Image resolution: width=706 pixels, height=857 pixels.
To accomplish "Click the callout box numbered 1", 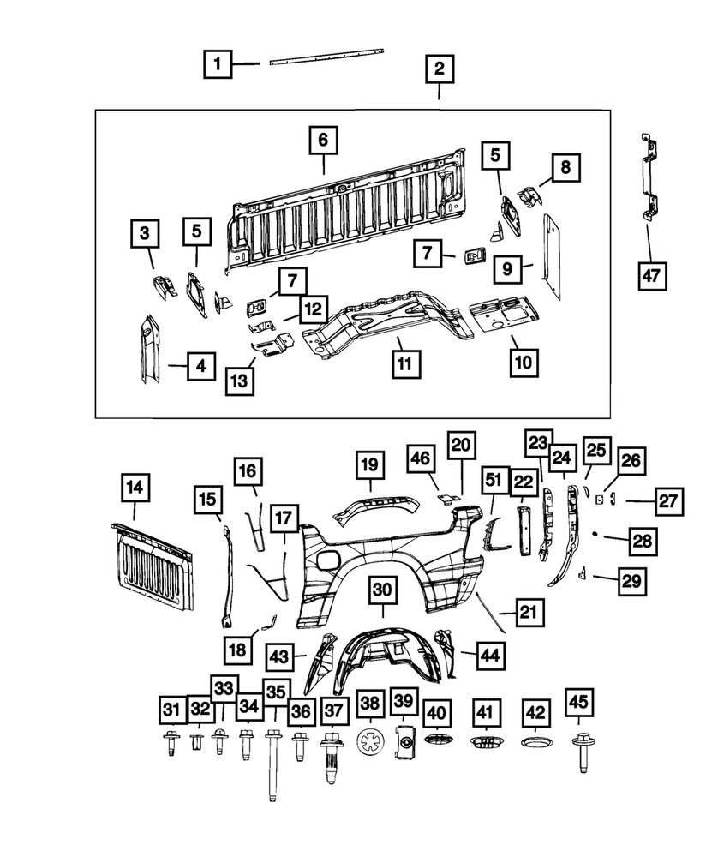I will (x=218, y=63).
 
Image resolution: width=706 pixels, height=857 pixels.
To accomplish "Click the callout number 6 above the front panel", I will (x=323, y=140).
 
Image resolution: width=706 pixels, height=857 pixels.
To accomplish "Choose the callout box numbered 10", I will (x=522, y=363).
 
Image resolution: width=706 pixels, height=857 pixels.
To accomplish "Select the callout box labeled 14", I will (x=135, y=489).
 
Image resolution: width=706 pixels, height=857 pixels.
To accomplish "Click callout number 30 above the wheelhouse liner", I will (x=383, y=590).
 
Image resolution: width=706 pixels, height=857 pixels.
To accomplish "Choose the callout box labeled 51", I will (x=495, y=480).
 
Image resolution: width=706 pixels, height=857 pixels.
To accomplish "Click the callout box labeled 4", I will (x=200, y=367).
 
